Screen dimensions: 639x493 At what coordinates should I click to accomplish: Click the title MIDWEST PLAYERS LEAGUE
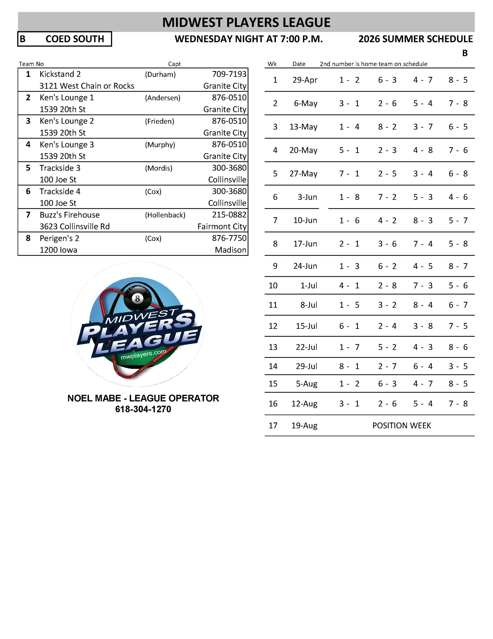pos(246,22)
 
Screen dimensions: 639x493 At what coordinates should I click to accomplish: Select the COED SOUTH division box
pos(65,39)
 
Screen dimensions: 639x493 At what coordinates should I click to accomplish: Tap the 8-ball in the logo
pos(137,299)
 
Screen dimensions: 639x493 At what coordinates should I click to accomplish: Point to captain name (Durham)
pos(160,74)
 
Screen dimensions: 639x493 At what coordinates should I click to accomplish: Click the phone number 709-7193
pos(229,74)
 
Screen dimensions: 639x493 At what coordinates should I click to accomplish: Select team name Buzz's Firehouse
pos(70,215)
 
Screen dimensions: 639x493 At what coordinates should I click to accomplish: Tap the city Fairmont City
pos(222,226)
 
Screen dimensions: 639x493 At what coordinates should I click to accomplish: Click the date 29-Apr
pos(305,80)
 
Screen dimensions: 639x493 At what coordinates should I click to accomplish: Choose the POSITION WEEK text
pos(402,425)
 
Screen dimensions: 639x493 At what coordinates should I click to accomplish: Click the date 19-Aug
pos(304,425)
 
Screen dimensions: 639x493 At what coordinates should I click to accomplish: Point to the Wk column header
pos(272,64)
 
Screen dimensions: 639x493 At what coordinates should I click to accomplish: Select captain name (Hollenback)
pos(165,215)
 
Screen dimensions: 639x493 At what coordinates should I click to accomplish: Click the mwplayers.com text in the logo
pos(144,354)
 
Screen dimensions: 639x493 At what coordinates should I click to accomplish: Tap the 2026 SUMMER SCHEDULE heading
pos(415,39)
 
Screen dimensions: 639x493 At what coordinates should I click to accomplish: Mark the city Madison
pos(231,250)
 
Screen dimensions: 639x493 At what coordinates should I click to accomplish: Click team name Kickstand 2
pos(60,74)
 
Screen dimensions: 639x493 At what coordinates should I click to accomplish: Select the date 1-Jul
pos(309,286)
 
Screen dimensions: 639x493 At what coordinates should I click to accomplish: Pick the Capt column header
pos(174,64)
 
